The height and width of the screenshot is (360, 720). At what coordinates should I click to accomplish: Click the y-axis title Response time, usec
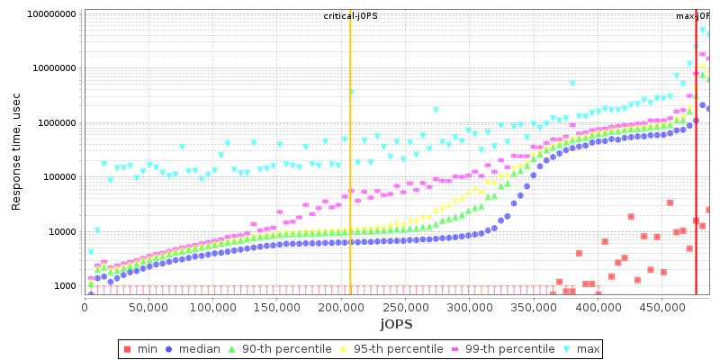tap(16, 152)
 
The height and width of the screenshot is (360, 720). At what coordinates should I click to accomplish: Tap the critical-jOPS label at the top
tap(351, 16)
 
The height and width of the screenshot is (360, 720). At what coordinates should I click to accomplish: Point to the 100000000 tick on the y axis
tap(51, 14)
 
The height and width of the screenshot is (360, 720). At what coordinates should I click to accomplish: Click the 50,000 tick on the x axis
tap(148, 306)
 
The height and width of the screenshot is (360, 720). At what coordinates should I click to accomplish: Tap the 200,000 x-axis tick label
tap(341, 306)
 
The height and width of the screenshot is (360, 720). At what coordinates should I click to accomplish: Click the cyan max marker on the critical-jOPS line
tap(351, 92)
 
